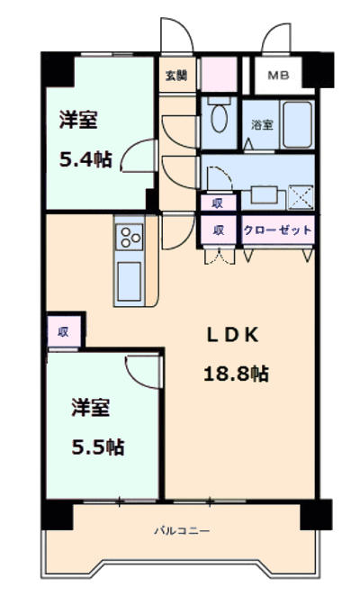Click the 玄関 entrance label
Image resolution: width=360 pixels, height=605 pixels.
176,76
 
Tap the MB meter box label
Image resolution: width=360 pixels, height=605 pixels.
278,76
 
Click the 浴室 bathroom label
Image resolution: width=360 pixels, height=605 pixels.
262,124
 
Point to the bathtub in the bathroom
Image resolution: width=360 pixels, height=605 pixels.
297,124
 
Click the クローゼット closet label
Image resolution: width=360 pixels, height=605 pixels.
277,230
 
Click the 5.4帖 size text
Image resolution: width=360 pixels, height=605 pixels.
85,159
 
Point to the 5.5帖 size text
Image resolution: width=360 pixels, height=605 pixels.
98,447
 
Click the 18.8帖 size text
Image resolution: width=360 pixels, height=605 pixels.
236,374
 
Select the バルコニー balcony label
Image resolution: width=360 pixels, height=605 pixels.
182,531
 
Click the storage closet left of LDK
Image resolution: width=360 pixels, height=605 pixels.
64,331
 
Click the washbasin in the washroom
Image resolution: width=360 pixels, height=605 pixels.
265,194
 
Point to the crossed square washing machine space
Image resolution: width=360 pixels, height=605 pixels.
301,197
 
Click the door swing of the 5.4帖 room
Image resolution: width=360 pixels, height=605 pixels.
139,156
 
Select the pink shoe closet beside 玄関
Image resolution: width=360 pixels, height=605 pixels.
220,74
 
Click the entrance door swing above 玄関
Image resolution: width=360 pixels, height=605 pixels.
176,35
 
